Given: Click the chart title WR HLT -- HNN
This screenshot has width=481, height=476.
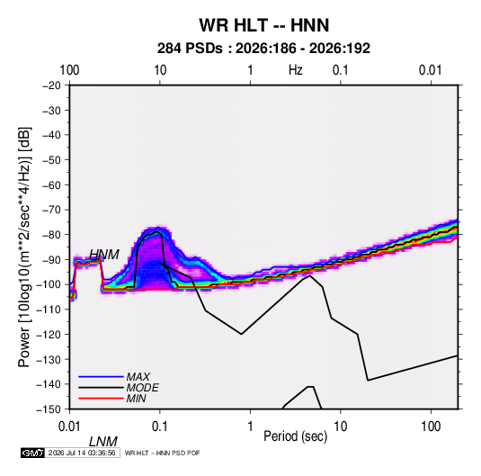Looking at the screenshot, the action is click(x=263, y=25).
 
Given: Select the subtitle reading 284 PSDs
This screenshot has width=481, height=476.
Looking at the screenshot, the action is click(x=190, y=49).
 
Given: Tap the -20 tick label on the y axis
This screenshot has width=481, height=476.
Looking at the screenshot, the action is click(x=51, y=85).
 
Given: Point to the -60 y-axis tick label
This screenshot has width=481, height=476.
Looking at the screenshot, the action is click(x=51, y=184).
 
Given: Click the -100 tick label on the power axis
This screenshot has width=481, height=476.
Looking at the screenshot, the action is click(x=49, y=284).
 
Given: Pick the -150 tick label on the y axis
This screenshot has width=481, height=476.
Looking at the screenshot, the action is click(x=49, y=409).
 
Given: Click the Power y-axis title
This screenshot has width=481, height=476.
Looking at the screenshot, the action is click(x=24, y=247).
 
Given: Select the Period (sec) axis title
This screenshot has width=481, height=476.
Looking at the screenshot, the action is click(x=296, y=436).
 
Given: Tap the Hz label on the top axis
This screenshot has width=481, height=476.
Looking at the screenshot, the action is click(x=296, y=70).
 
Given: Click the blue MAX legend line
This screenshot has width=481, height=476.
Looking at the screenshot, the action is click(x=101, y=376).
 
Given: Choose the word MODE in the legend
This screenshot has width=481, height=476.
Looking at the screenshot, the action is click(x=142, y=388).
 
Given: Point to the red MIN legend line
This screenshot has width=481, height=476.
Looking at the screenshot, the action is click(x=101, y=399).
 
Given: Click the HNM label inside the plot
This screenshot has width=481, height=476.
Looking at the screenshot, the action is click(x=104, y=255).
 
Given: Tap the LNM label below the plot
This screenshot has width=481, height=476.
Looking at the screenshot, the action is click(x=103, y=442).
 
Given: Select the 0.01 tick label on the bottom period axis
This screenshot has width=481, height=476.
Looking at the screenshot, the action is click(x=69, y=427).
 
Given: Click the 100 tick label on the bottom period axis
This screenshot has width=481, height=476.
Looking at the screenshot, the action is click(x=431, y=427).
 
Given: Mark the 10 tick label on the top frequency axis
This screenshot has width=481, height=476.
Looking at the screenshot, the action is click(x=160, y=70).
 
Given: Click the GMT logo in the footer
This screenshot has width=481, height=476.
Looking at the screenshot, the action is click(x=32, y=453).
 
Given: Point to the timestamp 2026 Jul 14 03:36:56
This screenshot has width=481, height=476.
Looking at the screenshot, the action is click(x=82, y=453).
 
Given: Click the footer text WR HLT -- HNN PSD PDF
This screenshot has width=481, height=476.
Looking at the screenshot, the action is click(x=162, y=453).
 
